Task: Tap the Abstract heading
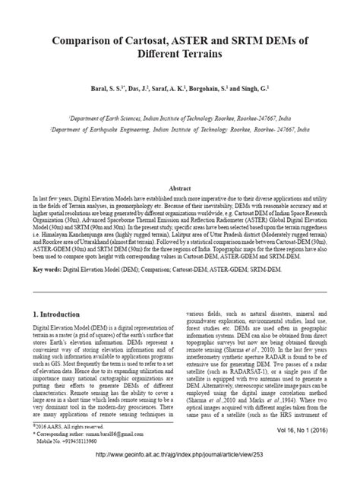tap(179, 188)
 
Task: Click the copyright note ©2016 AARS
tap(62, 428)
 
